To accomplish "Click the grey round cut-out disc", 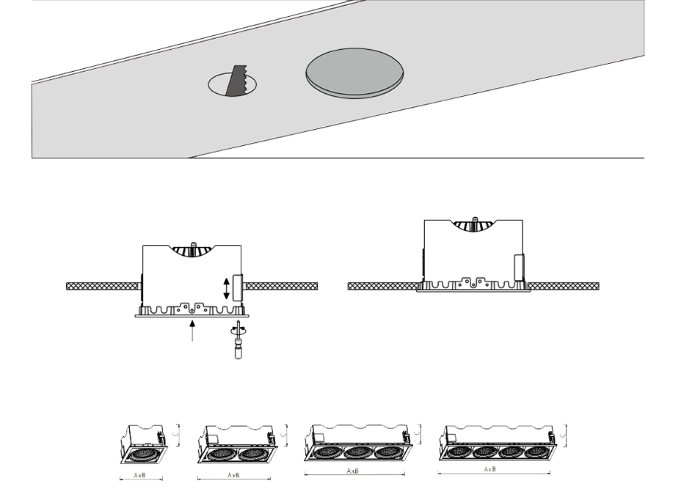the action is (x=354, y=73).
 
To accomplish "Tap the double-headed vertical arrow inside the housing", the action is (x=226, y=289).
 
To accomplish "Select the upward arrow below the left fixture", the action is (x=192, y=331).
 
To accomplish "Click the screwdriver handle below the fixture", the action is (x=238, y=350).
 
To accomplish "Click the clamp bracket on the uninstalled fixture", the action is (x=238, y=288).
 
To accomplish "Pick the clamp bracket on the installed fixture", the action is (x=519, y=267).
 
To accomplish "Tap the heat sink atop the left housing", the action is (x=192, y=251).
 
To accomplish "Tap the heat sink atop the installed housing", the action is (x=474, y=225).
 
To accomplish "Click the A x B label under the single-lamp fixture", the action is (x=140, y=475).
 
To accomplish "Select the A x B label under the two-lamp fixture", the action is (x=233, y=475).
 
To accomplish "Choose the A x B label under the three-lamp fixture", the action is (x=353, y=471).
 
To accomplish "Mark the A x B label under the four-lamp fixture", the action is (x=490, y=469).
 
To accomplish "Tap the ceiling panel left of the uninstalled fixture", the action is (x=103, y=286).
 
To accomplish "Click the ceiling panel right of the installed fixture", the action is (x=564, y=286).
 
